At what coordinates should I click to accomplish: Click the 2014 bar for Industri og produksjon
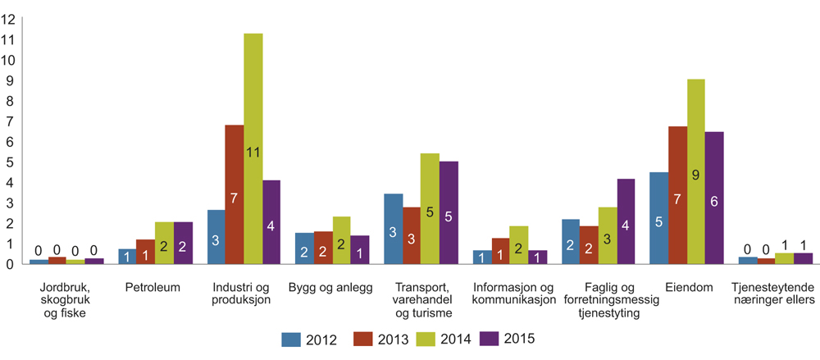253,148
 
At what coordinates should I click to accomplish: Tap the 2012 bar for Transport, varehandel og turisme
393,229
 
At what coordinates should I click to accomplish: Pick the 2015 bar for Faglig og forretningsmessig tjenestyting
626,221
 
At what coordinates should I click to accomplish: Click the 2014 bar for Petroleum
164,243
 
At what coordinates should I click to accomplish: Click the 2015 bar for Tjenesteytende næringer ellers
803,258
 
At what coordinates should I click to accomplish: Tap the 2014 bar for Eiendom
695,171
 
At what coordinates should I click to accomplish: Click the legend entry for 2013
376,338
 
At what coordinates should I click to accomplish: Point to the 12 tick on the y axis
11,19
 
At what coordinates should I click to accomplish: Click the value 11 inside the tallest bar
253,152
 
